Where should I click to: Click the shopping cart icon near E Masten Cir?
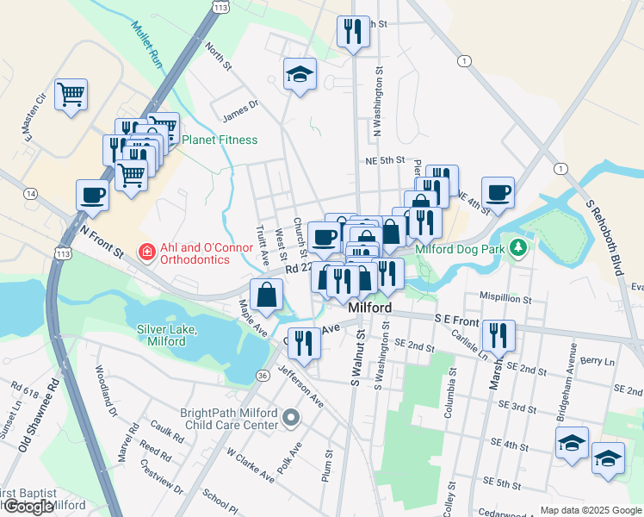click(71, 94)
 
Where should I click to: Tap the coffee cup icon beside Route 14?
click(92, 196)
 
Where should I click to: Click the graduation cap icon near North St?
click(300, 74)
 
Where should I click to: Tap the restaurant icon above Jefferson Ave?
click(304, 341)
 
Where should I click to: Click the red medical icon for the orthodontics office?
click(147, 252)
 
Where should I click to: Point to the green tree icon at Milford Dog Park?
click(517, 249)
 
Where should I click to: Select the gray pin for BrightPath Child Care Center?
click(291, 419)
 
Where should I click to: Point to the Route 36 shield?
click(262, 375)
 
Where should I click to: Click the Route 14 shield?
click(31, 195)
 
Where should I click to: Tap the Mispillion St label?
click(505, 296)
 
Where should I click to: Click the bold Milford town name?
click(370, 308)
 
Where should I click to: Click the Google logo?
click(28, 507)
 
